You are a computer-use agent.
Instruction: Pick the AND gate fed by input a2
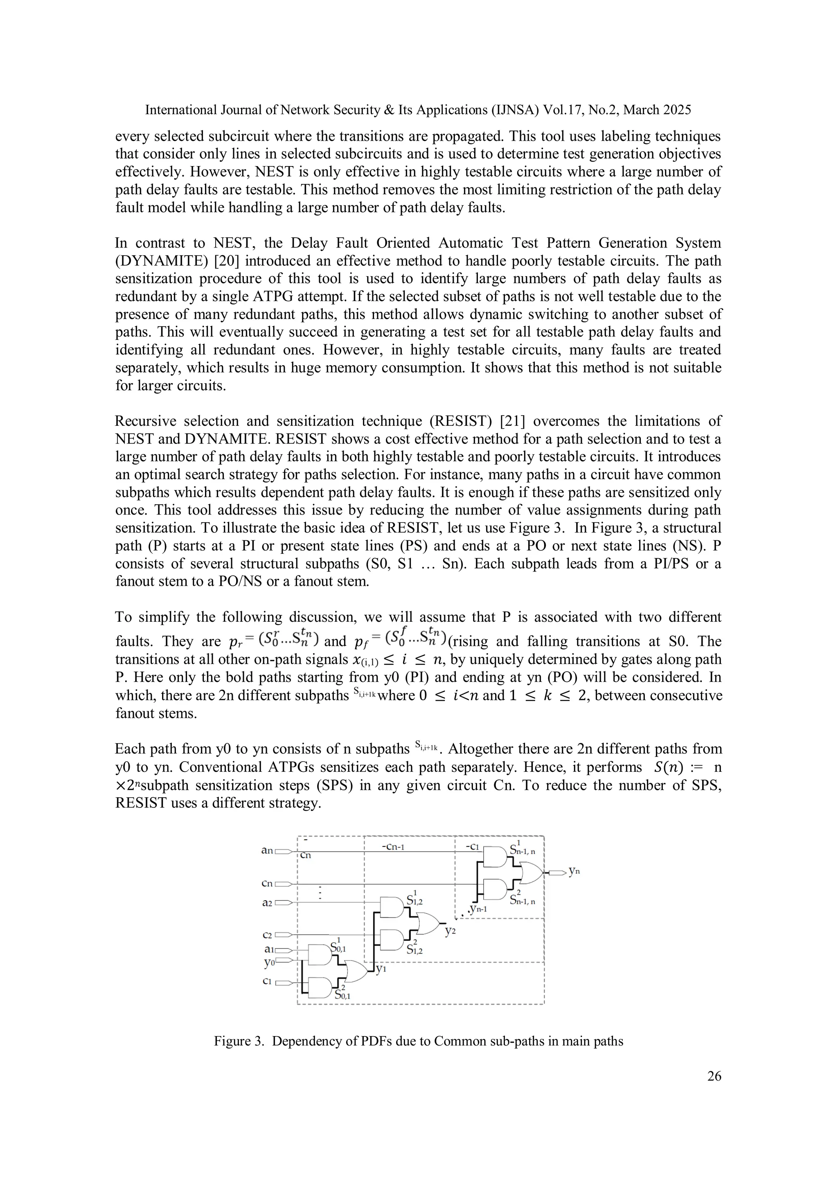click(x=391, y=907)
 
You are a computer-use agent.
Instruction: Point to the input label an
click(x=267, y=850)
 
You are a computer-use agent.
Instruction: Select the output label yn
click(x=574, y=871)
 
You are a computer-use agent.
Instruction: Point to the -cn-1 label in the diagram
click(x=392, y=846)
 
